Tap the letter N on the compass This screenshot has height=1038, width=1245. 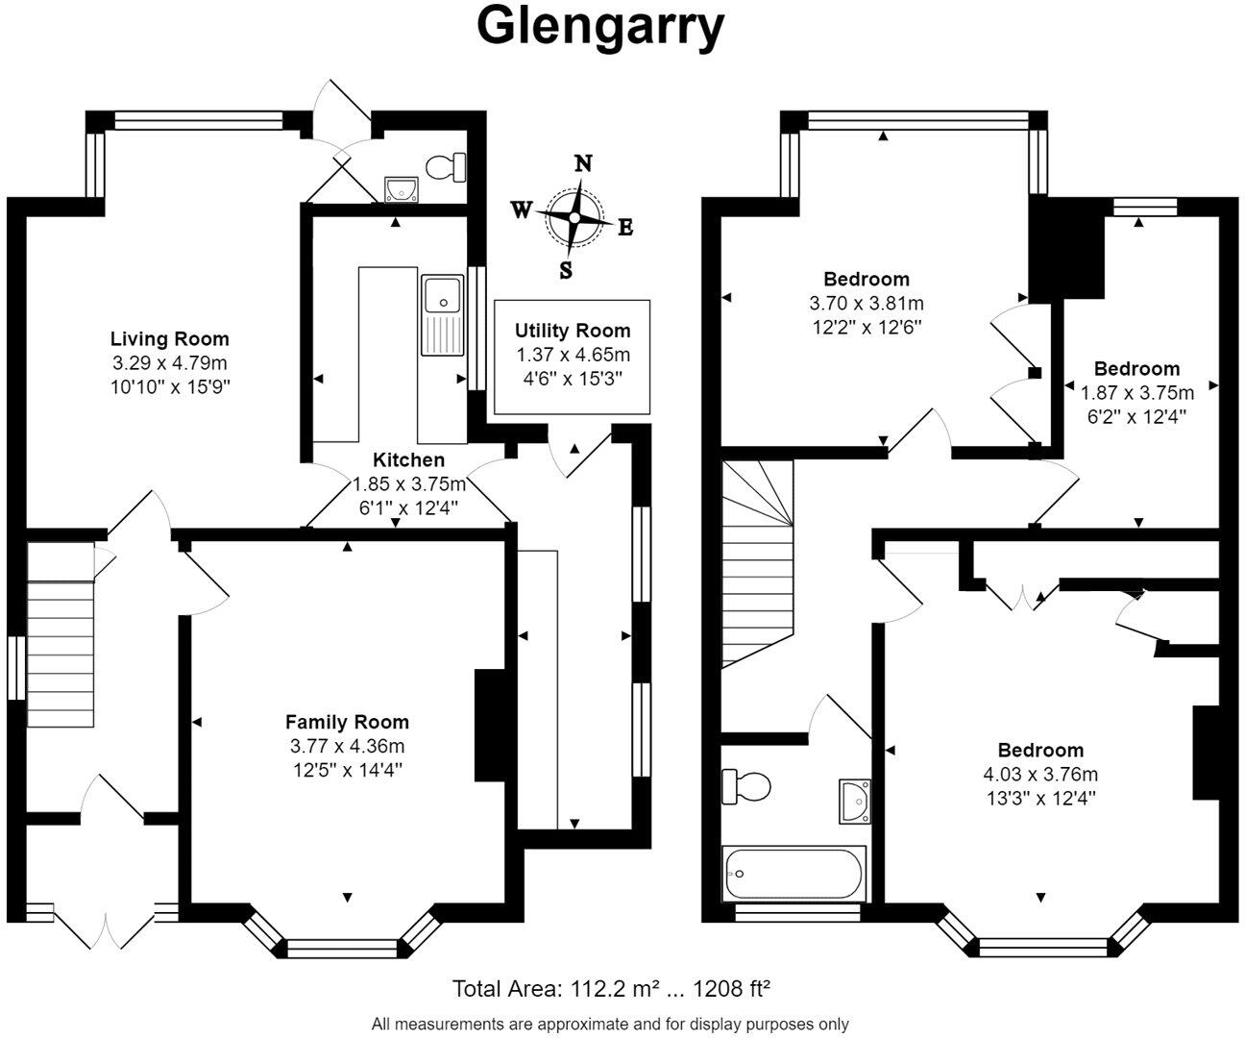(583, 162)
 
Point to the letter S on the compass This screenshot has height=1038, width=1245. (566, 270)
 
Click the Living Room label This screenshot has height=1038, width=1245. (170, 339)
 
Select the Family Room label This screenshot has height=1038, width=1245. (347, 722)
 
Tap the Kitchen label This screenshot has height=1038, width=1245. (409, 460)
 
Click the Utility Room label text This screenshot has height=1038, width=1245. (573, 331)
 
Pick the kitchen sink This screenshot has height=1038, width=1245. (443, 314)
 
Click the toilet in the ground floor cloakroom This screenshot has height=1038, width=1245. (446, 167)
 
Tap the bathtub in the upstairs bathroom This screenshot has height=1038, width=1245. (794, 874)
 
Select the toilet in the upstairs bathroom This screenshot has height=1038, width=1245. (745, 786)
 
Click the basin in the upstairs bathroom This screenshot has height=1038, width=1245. (854, 802)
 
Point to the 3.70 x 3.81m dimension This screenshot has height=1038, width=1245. (867, 303)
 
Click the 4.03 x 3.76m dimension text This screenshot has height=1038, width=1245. (1040, 774)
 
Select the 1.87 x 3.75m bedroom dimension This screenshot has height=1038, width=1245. (1137, 392)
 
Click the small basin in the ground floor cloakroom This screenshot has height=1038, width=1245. (402, 189)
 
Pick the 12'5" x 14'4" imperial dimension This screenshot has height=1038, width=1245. (348, 770)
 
